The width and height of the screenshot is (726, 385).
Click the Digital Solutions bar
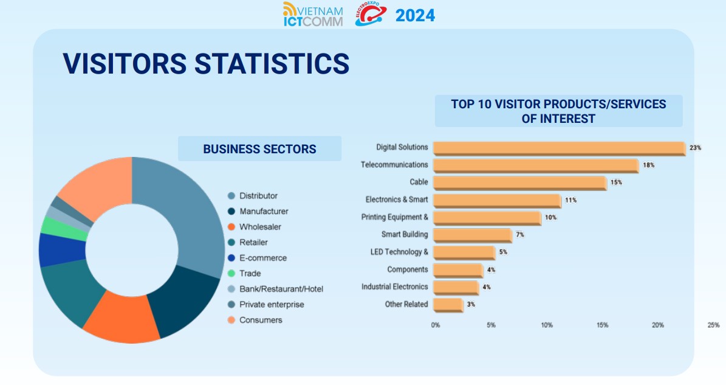pos(559,148)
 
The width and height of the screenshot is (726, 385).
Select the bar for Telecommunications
pos(535,165)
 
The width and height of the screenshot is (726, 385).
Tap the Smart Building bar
pos(472,235)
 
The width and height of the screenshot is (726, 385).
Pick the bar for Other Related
pos(448,304)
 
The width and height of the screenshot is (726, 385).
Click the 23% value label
pos(695,148)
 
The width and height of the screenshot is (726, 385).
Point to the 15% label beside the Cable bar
pos(616,182)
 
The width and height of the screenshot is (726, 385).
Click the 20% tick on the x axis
pos(658,325)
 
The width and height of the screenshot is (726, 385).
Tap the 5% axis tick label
pos(491,325)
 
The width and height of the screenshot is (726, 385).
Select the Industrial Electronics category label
pos(394,286)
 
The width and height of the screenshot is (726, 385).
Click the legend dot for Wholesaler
pos(231,227)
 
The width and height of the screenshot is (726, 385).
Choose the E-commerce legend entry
pos(262,258)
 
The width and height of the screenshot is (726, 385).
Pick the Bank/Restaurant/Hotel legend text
pos(281,289)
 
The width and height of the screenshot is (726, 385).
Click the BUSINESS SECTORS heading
pos(259,149)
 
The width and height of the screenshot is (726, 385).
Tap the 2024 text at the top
pos(415,16)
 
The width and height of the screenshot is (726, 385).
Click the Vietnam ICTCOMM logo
pos(313,15)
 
